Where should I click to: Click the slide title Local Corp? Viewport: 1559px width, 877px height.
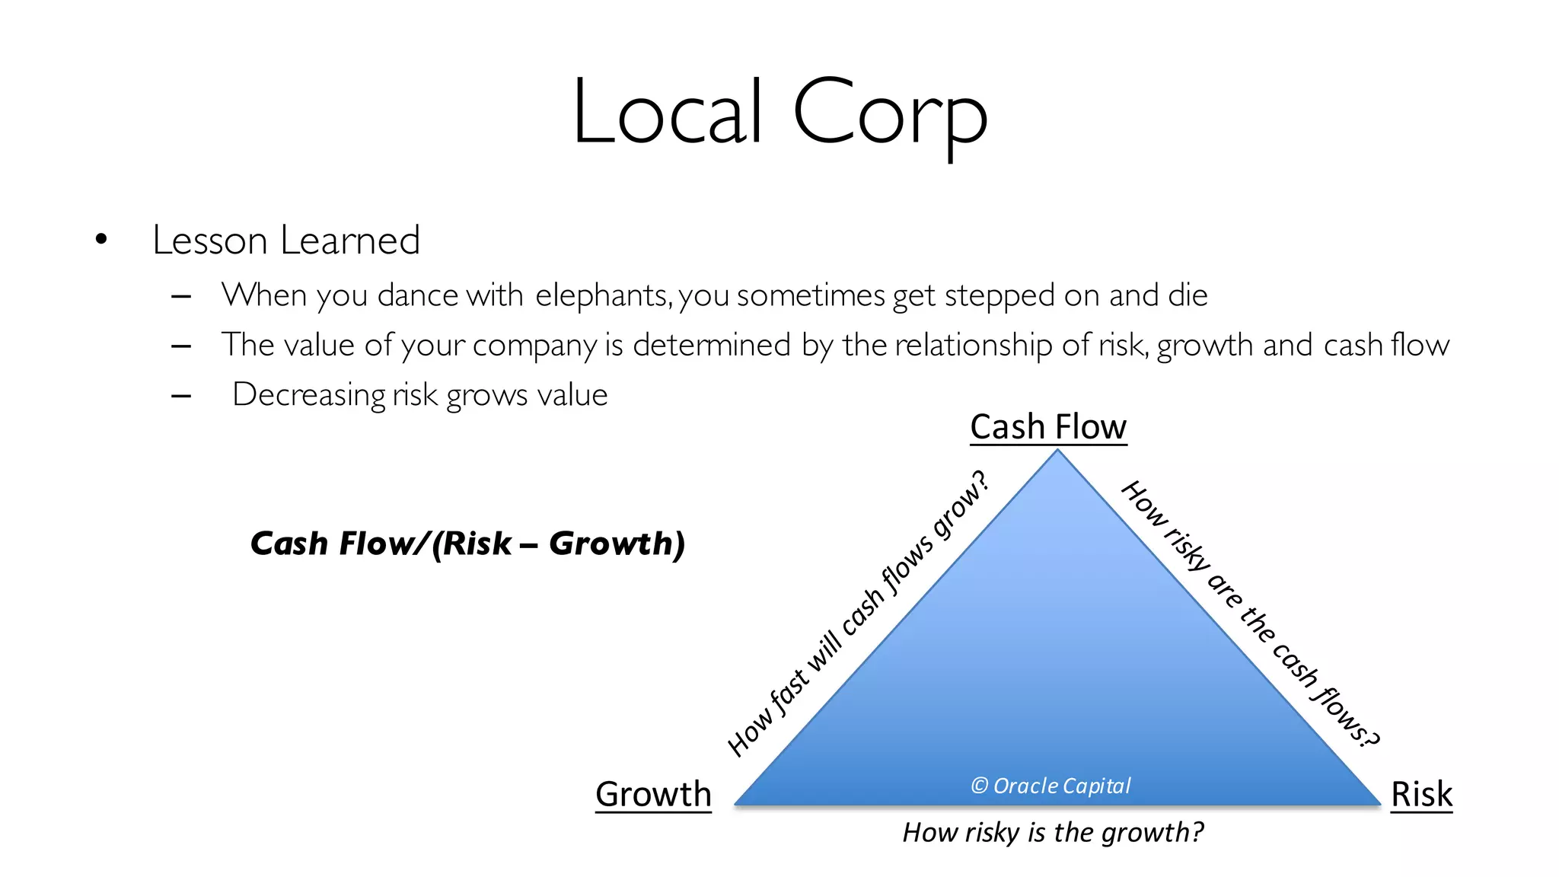click(x=779, y=113)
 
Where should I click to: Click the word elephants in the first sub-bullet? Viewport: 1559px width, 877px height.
click(x=603, y=295)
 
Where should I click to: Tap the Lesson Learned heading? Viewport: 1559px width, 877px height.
click(x=286, y=241)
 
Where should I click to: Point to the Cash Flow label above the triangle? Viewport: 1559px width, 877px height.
click(x=1048, y=427)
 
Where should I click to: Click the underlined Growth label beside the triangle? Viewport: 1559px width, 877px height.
click(x=653, y=794)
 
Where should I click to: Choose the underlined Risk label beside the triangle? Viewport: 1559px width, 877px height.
click(x=1421, y=794)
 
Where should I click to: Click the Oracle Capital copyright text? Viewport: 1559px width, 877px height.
click(x=1051, y=786)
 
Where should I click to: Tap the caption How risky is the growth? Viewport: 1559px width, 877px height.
click(x=1053, y=832)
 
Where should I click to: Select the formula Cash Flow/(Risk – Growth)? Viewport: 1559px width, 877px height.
click(x=467, y=544)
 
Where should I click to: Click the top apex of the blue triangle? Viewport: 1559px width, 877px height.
click(x=1057, y=452)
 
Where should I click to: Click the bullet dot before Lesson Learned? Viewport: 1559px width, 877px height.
click(x=101, y=241)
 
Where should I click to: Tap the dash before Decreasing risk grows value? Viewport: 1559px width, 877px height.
click(x=181, y=396)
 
